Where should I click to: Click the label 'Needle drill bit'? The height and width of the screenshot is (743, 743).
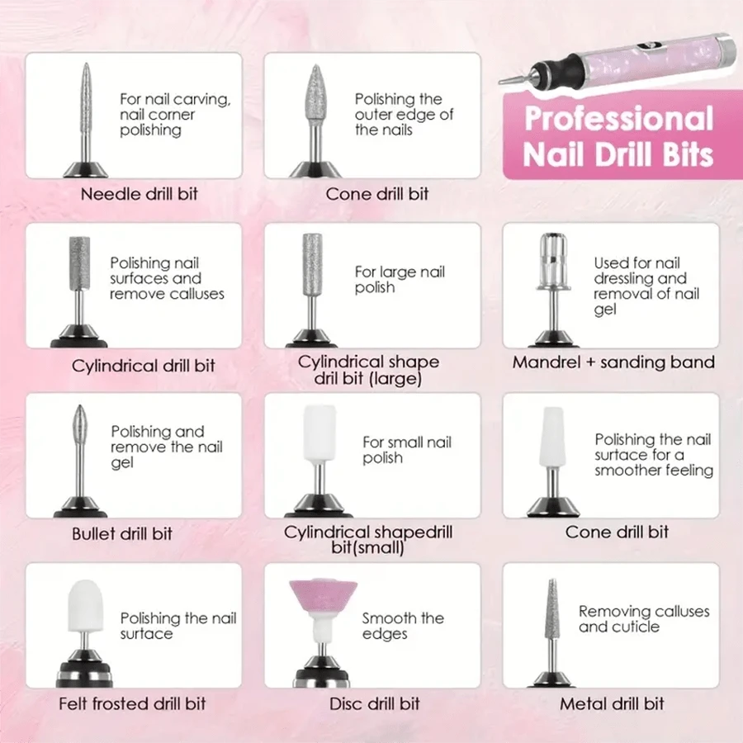click(139, 196)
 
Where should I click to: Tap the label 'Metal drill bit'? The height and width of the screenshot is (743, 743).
click(612, 704)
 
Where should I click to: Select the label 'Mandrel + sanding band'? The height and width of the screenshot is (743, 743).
click(613, 362)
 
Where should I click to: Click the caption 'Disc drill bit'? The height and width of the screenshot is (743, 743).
click(374, 704)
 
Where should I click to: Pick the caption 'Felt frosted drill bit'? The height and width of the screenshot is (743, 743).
click(132, 704)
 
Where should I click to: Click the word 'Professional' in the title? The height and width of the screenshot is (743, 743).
click(618, 118)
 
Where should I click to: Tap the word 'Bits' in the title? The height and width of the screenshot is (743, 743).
click(679, 154)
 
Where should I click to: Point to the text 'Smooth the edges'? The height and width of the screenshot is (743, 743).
click(403, 626)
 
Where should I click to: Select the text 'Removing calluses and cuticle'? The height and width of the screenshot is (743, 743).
click(643, 619)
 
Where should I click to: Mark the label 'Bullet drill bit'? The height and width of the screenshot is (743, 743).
click(122, 534)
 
